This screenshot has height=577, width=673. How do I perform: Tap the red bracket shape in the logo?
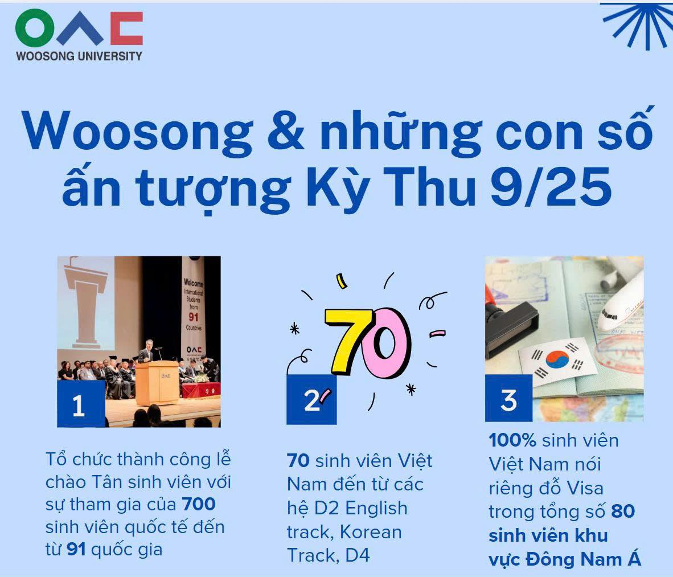pyautogui.click(x=126, y=28)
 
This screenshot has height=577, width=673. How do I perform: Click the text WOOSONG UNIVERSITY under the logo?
pyautogui.click(x=79, y=56)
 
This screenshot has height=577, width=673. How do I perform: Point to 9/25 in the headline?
pyautogui.click(x=551, y=187)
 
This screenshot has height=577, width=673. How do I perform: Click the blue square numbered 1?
pyautogui.click(x=81, y=403)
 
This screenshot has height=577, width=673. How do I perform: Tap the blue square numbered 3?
pyautogui.click(x=508, y=398)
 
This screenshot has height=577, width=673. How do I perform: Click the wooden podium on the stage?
pyautogui.click(x=157, y=382)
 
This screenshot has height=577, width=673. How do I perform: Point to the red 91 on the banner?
pyautogui.click(x=194, y=317)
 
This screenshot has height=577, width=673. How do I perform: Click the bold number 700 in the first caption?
pyautogui.click(x=198, y=504)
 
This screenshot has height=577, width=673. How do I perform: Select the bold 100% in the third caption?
pyautogui.click(x=512, y=440)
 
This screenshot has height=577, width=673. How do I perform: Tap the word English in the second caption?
pyautogui.click(x=376, y=509)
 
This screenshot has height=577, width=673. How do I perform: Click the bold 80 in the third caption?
pyautogui.click(x=623, y=511)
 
